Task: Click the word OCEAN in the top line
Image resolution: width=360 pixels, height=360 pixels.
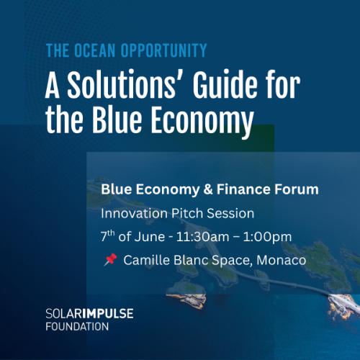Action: click(x=95, y=50)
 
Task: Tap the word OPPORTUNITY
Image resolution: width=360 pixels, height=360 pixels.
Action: click(x=163, y=50)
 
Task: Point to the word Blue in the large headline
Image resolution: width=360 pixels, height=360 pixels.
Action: click(x=117, y=120)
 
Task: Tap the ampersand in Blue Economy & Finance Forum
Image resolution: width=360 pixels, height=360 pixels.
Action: click(x=208, y=189)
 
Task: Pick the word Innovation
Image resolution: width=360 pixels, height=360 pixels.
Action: click(x=134, y=213)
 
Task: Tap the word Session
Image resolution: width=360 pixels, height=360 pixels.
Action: click(x=230, y=213)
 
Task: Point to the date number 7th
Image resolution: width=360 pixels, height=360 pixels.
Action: click(x=107, y=235)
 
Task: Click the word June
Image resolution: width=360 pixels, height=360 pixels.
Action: click(x=150, y=237)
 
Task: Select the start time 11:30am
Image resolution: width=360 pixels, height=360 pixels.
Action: click(x=203, y=237)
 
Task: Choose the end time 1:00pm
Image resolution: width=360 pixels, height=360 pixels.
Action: click(x=267, y=237)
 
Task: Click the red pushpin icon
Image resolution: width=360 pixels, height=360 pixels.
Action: click(x=110, y=260)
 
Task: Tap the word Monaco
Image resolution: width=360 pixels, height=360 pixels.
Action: click(x=282, y=260)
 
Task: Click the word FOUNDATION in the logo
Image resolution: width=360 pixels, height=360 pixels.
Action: click(x=77, y=327)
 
